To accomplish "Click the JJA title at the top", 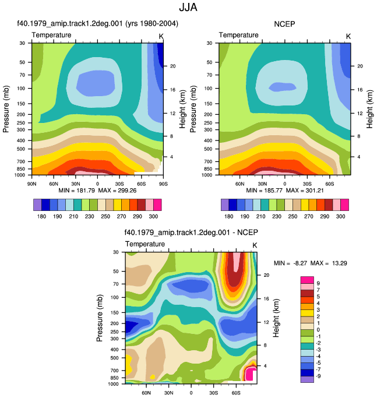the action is [188, 7].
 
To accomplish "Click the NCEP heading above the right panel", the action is [284, 24].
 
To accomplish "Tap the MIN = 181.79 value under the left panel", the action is [77, 191].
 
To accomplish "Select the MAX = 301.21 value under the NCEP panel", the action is [305, 191].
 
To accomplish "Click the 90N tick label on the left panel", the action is [31, 184].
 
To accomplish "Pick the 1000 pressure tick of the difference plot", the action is [113, 384].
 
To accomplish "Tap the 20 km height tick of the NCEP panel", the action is [360, 66].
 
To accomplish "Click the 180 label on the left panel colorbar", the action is [41, 216].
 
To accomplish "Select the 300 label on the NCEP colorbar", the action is [340, 216].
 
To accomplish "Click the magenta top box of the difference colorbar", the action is [307, 280].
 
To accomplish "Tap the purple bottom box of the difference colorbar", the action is [307, 379].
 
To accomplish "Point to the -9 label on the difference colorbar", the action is [318, 376].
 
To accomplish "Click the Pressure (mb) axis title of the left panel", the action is [6, 109].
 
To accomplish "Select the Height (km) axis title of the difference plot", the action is [276, 318].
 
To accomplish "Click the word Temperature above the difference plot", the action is [145, 244].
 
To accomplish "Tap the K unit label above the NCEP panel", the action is [348, 37].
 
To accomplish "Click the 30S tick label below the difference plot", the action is [213, 393].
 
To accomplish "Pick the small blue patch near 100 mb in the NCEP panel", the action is [282, 87].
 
